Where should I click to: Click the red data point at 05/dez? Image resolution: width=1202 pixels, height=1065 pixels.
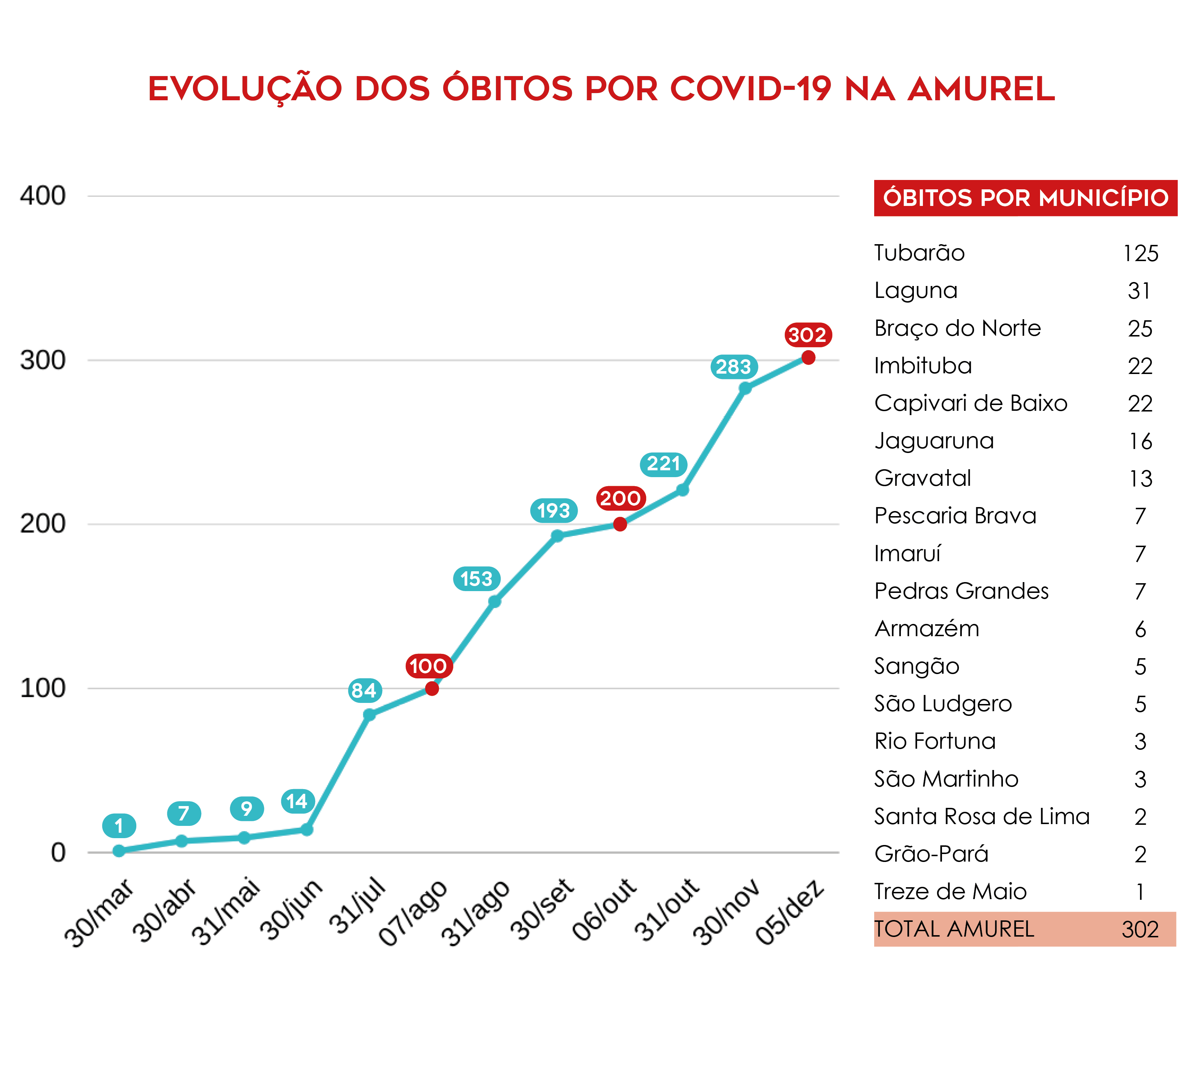click(808, 357)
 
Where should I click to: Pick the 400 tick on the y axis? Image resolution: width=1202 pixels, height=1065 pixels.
click(42, 196)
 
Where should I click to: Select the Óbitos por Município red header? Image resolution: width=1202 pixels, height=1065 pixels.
click(1025, 198)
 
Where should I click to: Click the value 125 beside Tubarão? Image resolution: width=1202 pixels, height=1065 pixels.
click(1140, 254)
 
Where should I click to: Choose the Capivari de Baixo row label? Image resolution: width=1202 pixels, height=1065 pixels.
click(970, 404)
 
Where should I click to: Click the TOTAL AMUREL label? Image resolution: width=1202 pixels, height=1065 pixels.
click(954, 929)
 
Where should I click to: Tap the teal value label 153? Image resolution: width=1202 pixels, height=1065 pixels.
click(476, 579)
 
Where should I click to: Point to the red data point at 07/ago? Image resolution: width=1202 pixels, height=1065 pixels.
click(432, 688)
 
